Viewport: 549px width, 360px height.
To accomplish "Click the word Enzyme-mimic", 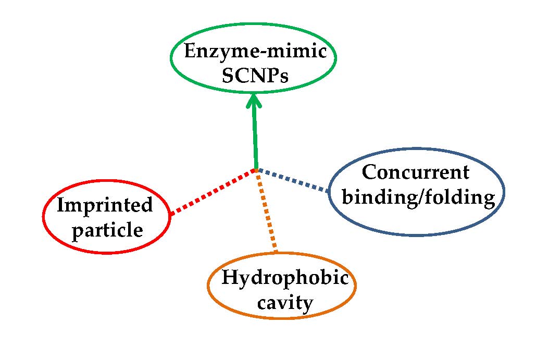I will coord(255,53).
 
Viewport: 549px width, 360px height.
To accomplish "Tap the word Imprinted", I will coord(105,205).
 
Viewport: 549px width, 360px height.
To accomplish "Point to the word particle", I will coord(107,229).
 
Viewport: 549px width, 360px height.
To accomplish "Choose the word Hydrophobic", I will coord(284,278).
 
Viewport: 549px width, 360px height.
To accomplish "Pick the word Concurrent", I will coord(415,172).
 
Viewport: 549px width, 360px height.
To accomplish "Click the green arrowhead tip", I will coord(254,96).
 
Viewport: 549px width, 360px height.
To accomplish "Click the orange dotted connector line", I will coord(267,211).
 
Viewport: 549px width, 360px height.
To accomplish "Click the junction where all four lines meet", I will coord(256,169).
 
